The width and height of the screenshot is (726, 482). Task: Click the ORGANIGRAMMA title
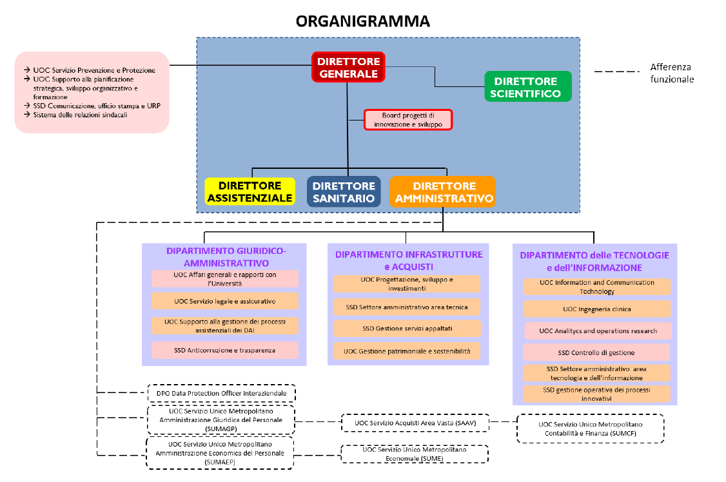click(362, 21)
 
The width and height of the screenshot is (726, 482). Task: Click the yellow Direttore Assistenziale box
click(250, 192)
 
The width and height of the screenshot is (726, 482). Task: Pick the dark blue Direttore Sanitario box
click(344, 192)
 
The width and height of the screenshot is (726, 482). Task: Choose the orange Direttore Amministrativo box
click(443, 192)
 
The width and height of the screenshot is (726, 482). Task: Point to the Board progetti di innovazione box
click(407, 120)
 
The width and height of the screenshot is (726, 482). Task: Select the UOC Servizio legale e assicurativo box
click(225, 301)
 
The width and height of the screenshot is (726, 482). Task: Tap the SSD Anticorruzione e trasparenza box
click(225, 350)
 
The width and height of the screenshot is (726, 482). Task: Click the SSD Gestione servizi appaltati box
click(407, 329)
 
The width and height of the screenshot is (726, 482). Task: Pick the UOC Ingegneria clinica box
click(596, 309)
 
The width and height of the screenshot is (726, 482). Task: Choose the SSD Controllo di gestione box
click(596, 352)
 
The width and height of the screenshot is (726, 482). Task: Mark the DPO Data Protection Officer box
click(221, 392)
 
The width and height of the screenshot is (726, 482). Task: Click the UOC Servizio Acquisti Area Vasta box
click(415, 423)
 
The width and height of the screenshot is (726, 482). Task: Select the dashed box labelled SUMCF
click(590, 429)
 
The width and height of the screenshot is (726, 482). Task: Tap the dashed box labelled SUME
click(415, 454)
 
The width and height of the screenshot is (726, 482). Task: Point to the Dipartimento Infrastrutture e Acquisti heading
click(408, 260)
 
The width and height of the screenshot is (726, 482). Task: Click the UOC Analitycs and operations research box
click(597, 331)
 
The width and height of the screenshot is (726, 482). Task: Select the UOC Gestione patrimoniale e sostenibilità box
click(407, 351)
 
